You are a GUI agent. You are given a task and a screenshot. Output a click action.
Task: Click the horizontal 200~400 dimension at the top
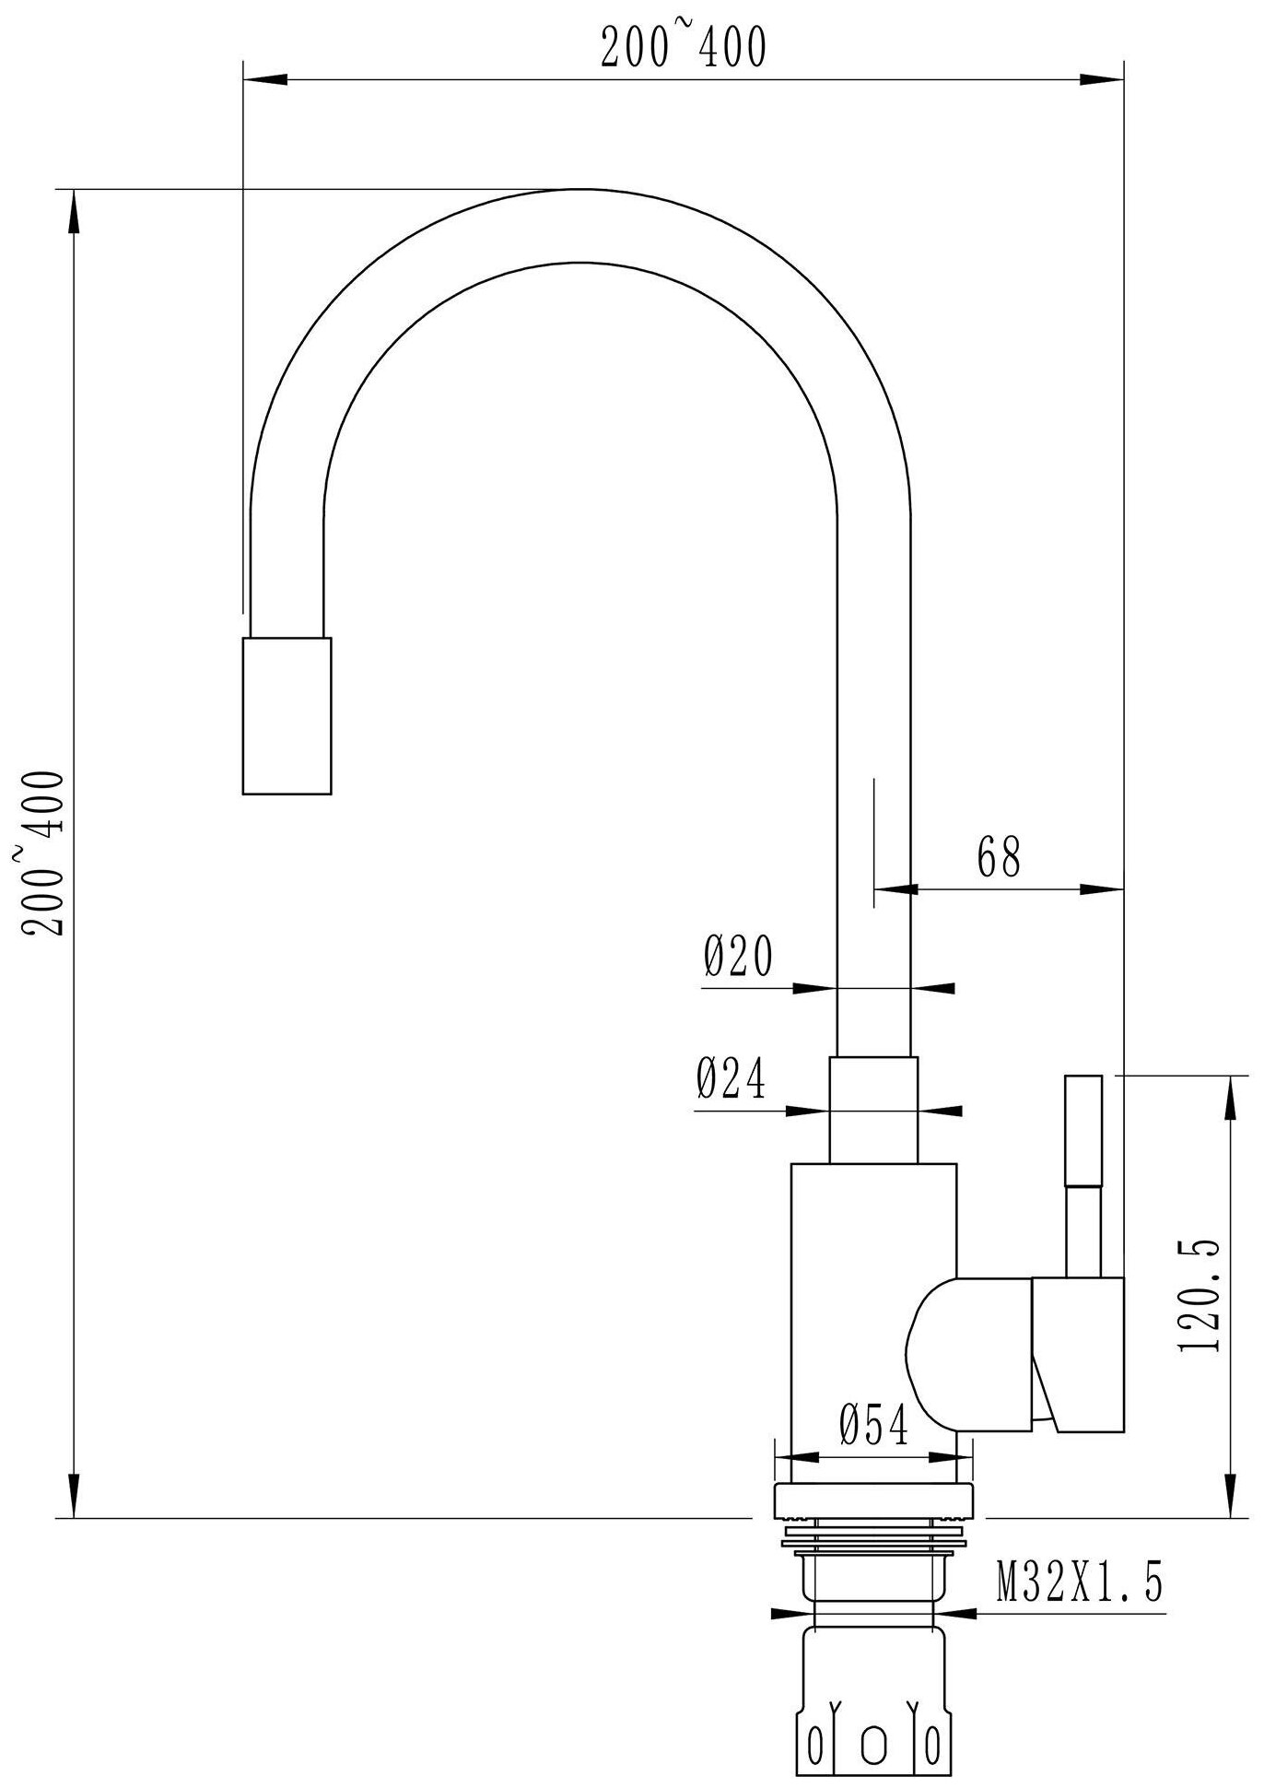[x=683, y=48]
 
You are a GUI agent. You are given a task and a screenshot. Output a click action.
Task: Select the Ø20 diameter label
[x=738, y=958]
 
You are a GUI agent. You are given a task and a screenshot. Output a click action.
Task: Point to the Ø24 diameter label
[x=731, y=1078]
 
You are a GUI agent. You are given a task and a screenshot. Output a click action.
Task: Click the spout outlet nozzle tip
[x=287, y=714]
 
